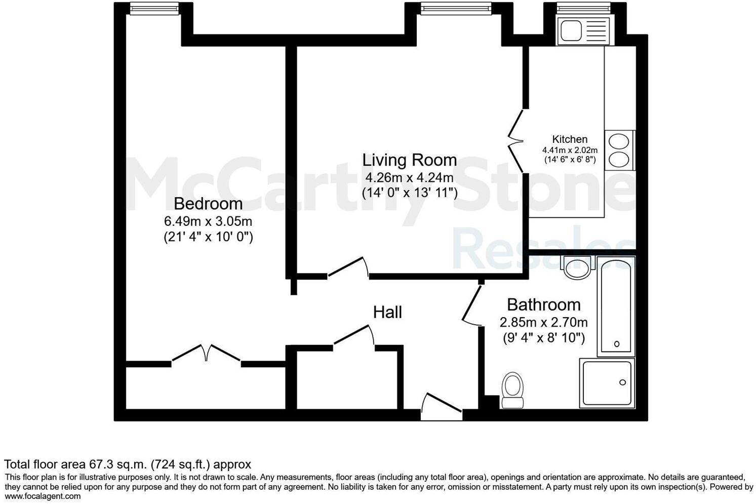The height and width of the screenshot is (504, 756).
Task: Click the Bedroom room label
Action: [208, 204]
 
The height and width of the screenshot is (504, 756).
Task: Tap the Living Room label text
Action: [409, 160]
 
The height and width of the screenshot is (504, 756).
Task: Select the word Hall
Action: [387, 312]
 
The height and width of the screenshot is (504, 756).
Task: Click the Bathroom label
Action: [543, 304]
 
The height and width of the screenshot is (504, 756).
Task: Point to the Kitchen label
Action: [570, 139]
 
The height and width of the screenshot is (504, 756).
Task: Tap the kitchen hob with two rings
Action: [619, 150]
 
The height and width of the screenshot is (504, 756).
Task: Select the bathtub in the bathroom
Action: [616, 305]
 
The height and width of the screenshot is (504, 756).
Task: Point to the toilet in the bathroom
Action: [512, 391]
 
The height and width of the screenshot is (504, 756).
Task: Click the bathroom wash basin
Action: [577, 267]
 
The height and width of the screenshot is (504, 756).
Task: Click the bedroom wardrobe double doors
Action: [206, 353]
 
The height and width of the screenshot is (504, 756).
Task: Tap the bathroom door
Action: [472, 304]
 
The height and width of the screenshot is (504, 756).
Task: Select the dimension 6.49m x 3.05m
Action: [208, 221]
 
